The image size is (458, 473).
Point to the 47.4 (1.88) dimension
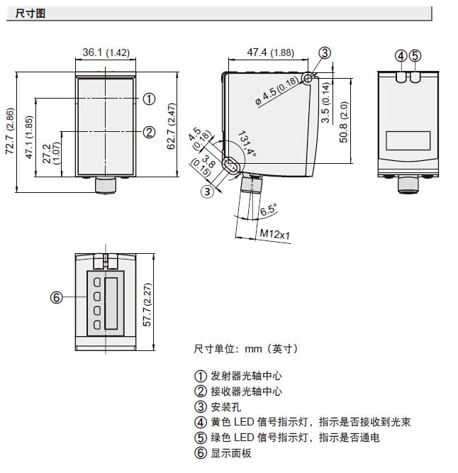271,52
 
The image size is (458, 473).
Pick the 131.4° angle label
248,145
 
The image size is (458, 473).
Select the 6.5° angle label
268,210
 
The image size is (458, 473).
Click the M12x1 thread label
275,234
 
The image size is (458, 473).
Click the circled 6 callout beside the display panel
57,296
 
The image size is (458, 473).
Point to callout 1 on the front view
149,99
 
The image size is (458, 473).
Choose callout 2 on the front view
149,131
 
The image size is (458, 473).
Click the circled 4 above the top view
401,55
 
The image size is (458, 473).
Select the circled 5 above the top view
415,55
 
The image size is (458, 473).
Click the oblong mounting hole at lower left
230,166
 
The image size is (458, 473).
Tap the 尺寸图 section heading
30,13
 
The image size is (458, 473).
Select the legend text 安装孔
226,406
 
